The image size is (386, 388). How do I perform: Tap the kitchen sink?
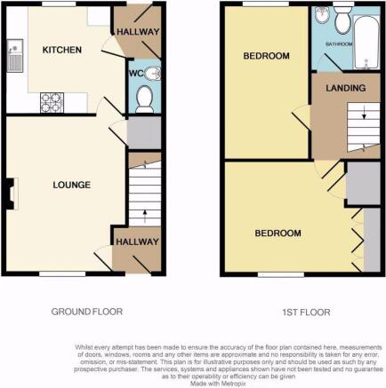pos(13,57)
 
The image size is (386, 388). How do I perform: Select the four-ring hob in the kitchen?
pos(51,103)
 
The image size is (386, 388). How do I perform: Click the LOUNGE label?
pos(71,185)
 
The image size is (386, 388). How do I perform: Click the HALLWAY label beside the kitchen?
pos(137,31)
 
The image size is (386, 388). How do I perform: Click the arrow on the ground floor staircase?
pos(144,213)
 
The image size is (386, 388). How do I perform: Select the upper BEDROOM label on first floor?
pos(267,57)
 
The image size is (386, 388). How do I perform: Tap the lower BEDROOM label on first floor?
pos(278,234)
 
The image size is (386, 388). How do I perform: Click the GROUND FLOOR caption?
pos(86,312)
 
